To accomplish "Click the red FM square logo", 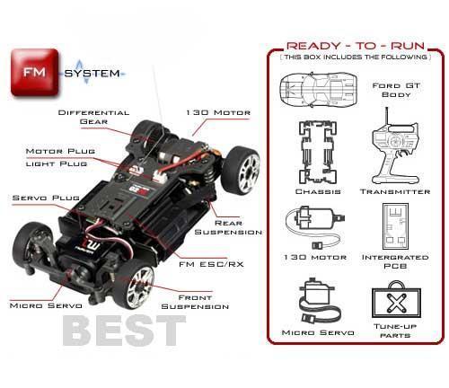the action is click(34, 73).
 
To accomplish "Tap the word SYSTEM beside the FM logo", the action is click(92, 74).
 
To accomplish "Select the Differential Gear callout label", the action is click(93, 117).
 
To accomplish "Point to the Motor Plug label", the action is click(60, 151).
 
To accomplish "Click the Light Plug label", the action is click(57, 163).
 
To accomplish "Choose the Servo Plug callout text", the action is click(46, 198).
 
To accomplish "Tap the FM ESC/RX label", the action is click(211, 264).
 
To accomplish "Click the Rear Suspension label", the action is click(228, 227).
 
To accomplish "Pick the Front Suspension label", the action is click(195, 302).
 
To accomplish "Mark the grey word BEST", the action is click(124, 331).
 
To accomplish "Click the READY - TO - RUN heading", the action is click(356, 46).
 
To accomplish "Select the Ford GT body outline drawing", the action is click(319, 89).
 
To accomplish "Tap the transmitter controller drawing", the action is click(395, 146).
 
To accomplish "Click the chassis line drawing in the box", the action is click(318, 153).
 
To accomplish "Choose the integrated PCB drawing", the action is click(395, 226).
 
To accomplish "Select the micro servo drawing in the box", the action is click(318, 301).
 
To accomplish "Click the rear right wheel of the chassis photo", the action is click(241, 170).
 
